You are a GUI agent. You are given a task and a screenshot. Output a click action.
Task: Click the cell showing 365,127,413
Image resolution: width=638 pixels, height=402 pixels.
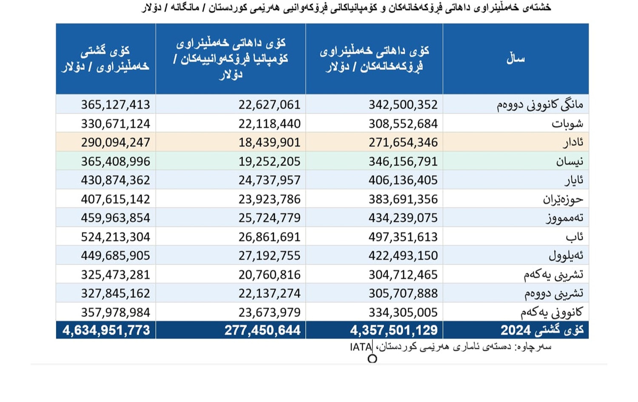coord(115,105)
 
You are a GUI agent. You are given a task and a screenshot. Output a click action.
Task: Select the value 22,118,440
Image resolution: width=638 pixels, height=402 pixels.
coord(269,124)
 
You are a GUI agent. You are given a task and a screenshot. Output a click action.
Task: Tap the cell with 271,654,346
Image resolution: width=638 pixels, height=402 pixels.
coord(403,143)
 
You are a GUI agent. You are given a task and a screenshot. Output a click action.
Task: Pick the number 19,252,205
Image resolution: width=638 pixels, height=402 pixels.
coord(269,162)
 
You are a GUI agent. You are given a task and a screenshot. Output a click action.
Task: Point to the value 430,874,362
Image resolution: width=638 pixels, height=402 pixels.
coord(115,180)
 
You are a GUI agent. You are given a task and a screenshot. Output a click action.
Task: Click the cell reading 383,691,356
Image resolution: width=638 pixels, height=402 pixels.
coord(403,199)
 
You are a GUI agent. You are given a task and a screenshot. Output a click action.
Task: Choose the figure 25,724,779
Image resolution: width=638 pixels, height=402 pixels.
coord(269,218)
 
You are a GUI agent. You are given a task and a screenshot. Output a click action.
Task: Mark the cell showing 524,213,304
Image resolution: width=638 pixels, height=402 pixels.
coord(115,237)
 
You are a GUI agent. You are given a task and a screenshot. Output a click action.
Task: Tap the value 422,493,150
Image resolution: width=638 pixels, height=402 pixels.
coord(403,256)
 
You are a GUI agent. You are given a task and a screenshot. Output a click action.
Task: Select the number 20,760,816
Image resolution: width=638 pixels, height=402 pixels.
coord(269,275)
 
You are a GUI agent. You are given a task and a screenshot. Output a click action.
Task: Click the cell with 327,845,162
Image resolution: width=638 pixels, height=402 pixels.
coord(115,294)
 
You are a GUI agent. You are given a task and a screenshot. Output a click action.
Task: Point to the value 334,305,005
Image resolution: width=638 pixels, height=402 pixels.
coord(403,313)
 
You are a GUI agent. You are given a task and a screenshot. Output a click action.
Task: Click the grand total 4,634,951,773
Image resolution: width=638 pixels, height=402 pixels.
coord(106,331)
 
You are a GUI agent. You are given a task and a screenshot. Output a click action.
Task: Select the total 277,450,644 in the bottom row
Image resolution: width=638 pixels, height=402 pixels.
coord(262,331)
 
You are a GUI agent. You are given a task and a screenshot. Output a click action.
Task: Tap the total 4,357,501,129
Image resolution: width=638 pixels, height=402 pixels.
coord(393,331)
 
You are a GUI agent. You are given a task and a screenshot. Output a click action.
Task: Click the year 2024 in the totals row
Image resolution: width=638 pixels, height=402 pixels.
coord(515,331)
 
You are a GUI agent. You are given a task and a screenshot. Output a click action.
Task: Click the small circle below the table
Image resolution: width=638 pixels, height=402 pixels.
coord(372,359)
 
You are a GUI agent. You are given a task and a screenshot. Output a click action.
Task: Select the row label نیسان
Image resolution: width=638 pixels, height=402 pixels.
coord(570,162)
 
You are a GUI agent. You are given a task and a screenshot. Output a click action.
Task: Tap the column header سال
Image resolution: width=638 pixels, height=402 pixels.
coord(516,59)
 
